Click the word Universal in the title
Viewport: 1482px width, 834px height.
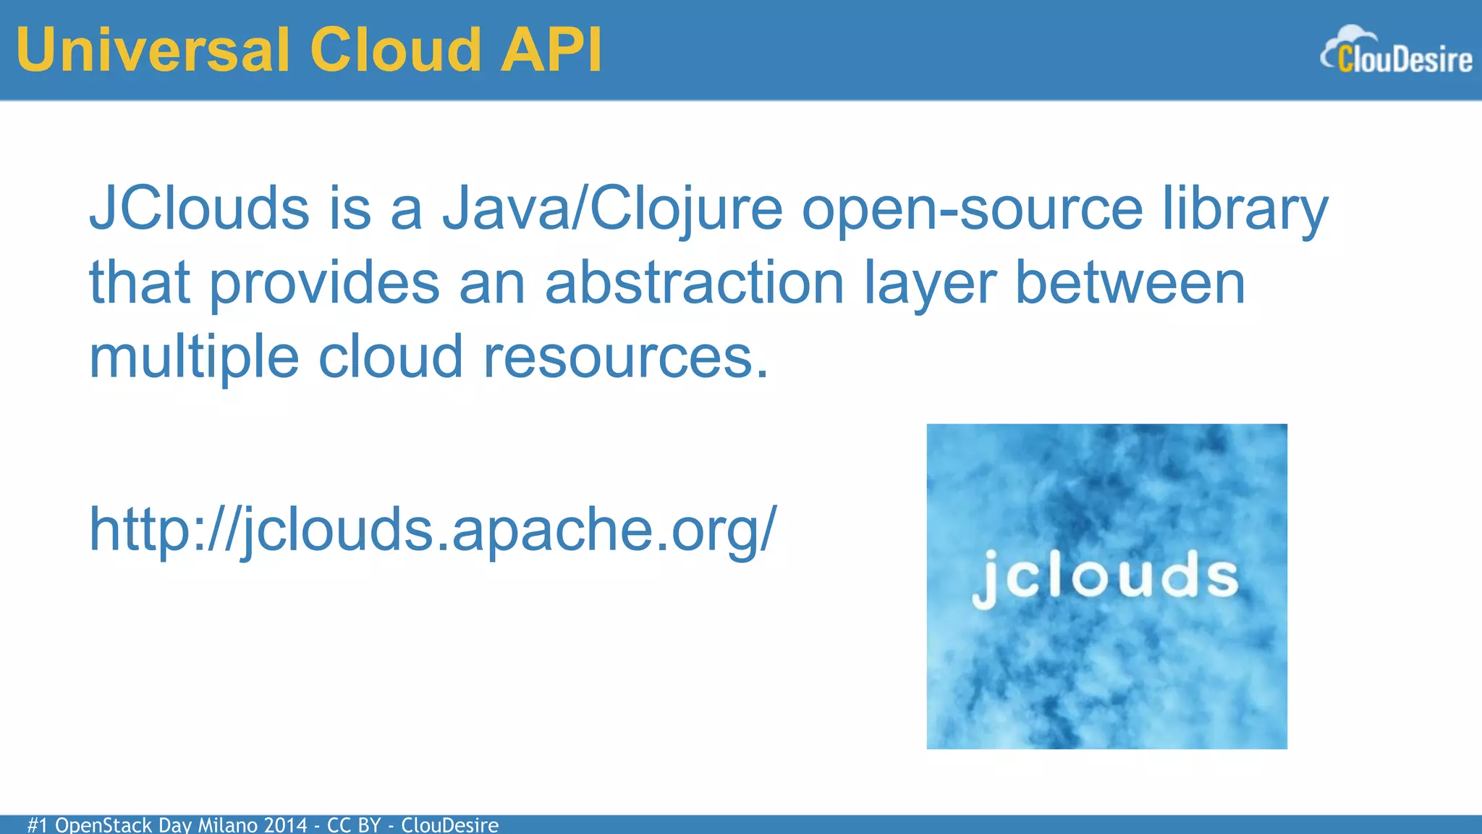point(153,51)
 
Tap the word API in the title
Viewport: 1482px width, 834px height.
point(551,51)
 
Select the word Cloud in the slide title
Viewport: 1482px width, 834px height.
point(395,51)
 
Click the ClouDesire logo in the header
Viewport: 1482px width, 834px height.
point(1396,51)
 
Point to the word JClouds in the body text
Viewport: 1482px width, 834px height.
point(200,208)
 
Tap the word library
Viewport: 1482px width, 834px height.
point(1245,208)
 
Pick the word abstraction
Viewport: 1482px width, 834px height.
point(694,283)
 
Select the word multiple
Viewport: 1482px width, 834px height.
point(194,357)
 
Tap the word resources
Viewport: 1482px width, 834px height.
point(626,357)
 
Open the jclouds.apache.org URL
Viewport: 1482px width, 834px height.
point(433,530)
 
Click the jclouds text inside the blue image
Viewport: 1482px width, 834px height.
point(1106,578)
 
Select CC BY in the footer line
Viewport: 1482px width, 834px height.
point(354,825)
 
